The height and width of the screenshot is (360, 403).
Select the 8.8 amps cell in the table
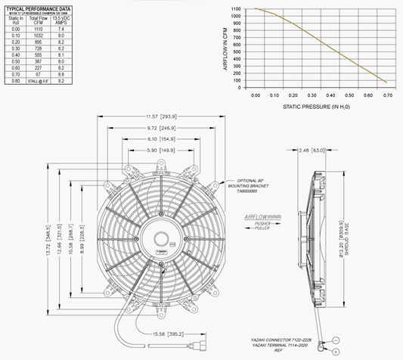click(62, 75)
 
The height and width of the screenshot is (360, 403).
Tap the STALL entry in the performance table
click(37, 81)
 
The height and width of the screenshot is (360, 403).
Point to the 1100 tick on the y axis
click(236, 8)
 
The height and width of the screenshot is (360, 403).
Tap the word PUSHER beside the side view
click(264, 224)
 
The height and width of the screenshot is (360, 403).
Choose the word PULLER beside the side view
click(264, 231)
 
